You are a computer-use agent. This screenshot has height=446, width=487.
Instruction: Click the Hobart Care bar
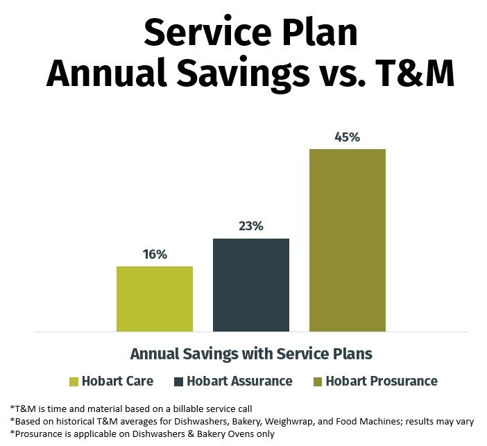[154, 299]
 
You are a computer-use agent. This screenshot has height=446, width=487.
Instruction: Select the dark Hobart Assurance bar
[250, 285]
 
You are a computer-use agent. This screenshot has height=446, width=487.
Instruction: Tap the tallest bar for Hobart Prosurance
[347, 240]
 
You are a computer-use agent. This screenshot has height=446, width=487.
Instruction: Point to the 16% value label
[155, 255]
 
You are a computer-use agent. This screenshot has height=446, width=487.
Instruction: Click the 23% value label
[251, 227]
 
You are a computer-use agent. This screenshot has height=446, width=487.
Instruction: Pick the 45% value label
[347, 137]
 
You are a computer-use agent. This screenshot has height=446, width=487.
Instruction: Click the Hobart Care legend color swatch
[74, 381]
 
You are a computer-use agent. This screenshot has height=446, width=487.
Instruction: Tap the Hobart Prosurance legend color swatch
[318, 381]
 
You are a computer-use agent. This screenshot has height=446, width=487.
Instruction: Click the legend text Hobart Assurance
[239, 381]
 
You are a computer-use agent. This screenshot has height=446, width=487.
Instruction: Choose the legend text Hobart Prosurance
[382, 381]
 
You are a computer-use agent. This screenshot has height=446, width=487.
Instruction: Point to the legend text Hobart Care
[117, 381]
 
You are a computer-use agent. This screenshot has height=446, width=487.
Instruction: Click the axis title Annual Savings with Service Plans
[251, 354]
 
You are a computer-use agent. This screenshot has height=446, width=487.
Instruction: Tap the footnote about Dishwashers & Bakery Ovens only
[142, 434]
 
